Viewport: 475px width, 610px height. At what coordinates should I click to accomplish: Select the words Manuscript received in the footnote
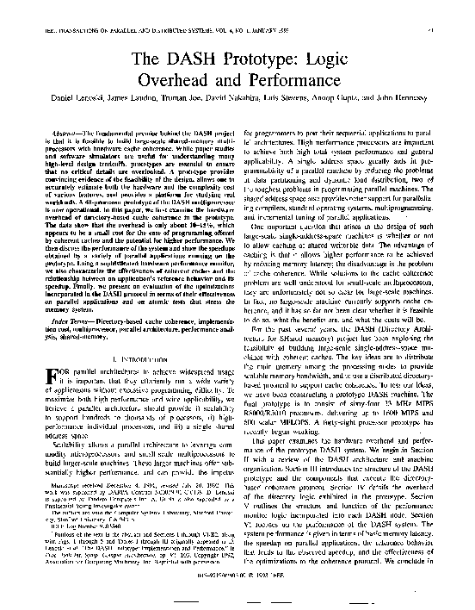(71, 508)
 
